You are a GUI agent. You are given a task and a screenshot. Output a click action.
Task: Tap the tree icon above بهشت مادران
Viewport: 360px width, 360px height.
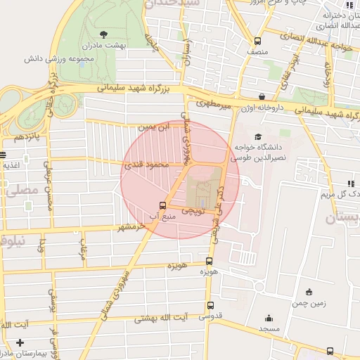point(104,33)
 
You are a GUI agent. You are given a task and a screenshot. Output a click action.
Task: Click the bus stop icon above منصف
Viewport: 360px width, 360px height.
point(257,41)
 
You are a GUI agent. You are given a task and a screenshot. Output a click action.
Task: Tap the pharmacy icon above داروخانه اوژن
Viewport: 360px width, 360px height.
point(262,97)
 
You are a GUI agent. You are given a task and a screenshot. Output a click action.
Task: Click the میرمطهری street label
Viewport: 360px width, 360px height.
point(212,104)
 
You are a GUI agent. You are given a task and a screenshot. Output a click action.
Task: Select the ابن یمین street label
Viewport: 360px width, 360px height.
point(155,127)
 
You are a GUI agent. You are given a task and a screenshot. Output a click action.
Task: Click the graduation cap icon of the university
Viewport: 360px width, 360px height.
point(258,137)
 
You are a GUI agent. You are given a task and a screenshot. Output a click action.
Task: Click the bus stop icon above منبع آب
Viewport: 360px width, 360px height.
point(163,206)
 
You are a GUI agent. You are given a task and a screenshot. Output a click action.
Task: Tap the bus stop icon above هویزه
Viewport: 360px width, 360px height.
point(209,260)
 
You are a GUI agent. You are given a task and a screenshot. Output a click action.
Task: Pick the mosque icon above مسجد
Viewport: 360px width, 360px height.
point(268,318)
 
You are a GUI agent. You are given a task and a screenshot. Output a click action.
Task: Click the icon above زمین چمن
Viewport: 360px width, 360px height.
point(309,292)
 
